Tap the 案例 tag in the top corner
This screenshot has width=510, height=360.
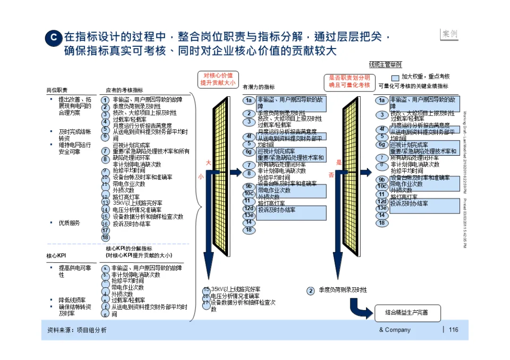(449, 34)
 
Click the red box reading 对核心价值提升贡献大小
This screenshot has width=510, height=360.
(218, 79)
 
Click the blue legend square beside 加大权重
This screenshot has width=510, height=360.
(395, 77)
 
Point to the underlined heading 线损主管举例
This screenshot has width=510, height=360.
(385, 64)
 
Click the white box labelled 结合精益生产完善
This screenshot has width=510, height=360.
(407, 312)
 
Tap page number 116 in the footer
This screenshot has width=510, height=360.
(453, 330)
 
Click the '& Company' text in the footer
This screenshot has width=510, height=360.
(395, 330)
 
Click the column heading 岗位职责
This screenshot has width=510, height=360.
(57, 90)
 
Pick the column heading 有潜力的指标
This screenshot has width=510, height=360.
(258, 87)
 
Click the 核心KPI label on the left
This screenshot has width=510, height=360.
(56, 256)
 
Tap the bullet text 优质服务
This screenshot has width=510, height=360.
(69, 223)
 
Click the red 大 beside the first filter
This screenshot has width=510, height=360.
(208, 163)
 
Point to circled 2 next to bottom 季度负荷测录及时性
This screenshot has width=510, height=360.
(311, 291)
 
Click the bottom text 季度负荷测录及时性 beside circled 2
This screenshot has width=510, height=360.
(342, 290)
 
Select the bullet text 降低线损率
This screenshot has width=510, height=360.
(72, 300)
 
